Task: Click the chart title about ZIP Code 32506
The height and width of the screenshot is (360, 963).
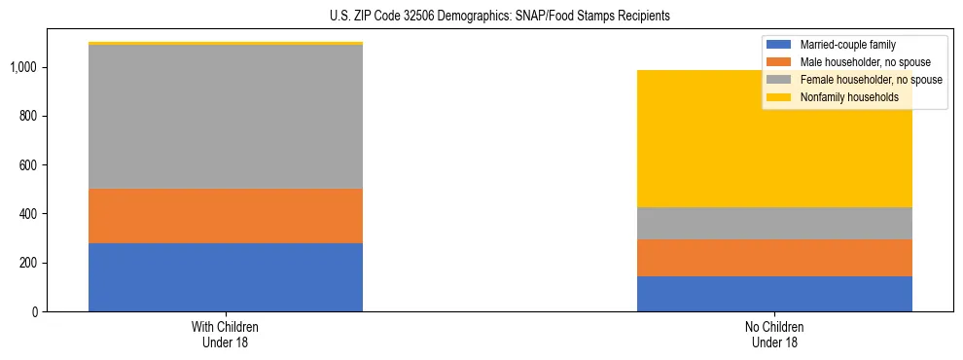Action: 481,17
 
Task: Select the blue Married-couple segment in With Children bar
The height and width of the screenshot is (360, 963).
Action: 226,277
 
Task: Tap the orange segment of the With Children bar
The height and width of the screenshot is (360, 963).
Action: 226,216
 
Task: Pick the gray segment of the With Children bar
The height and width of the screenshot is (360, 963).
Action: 226,117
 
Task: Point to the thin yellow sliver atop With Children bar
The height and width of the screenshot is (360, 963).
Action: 226,44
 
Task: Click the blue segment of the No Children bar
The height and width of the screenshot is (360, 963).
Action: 774,294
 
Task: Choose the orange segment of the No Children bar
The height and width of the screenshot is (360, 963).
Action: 774,258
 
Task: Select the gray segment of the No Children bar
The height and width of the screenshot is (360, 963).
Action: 774,223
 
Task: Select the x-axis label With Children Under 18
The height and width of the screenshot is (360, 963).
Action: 226,334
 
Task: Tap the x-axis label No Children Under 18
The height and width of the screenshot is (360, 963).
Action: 774,334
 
